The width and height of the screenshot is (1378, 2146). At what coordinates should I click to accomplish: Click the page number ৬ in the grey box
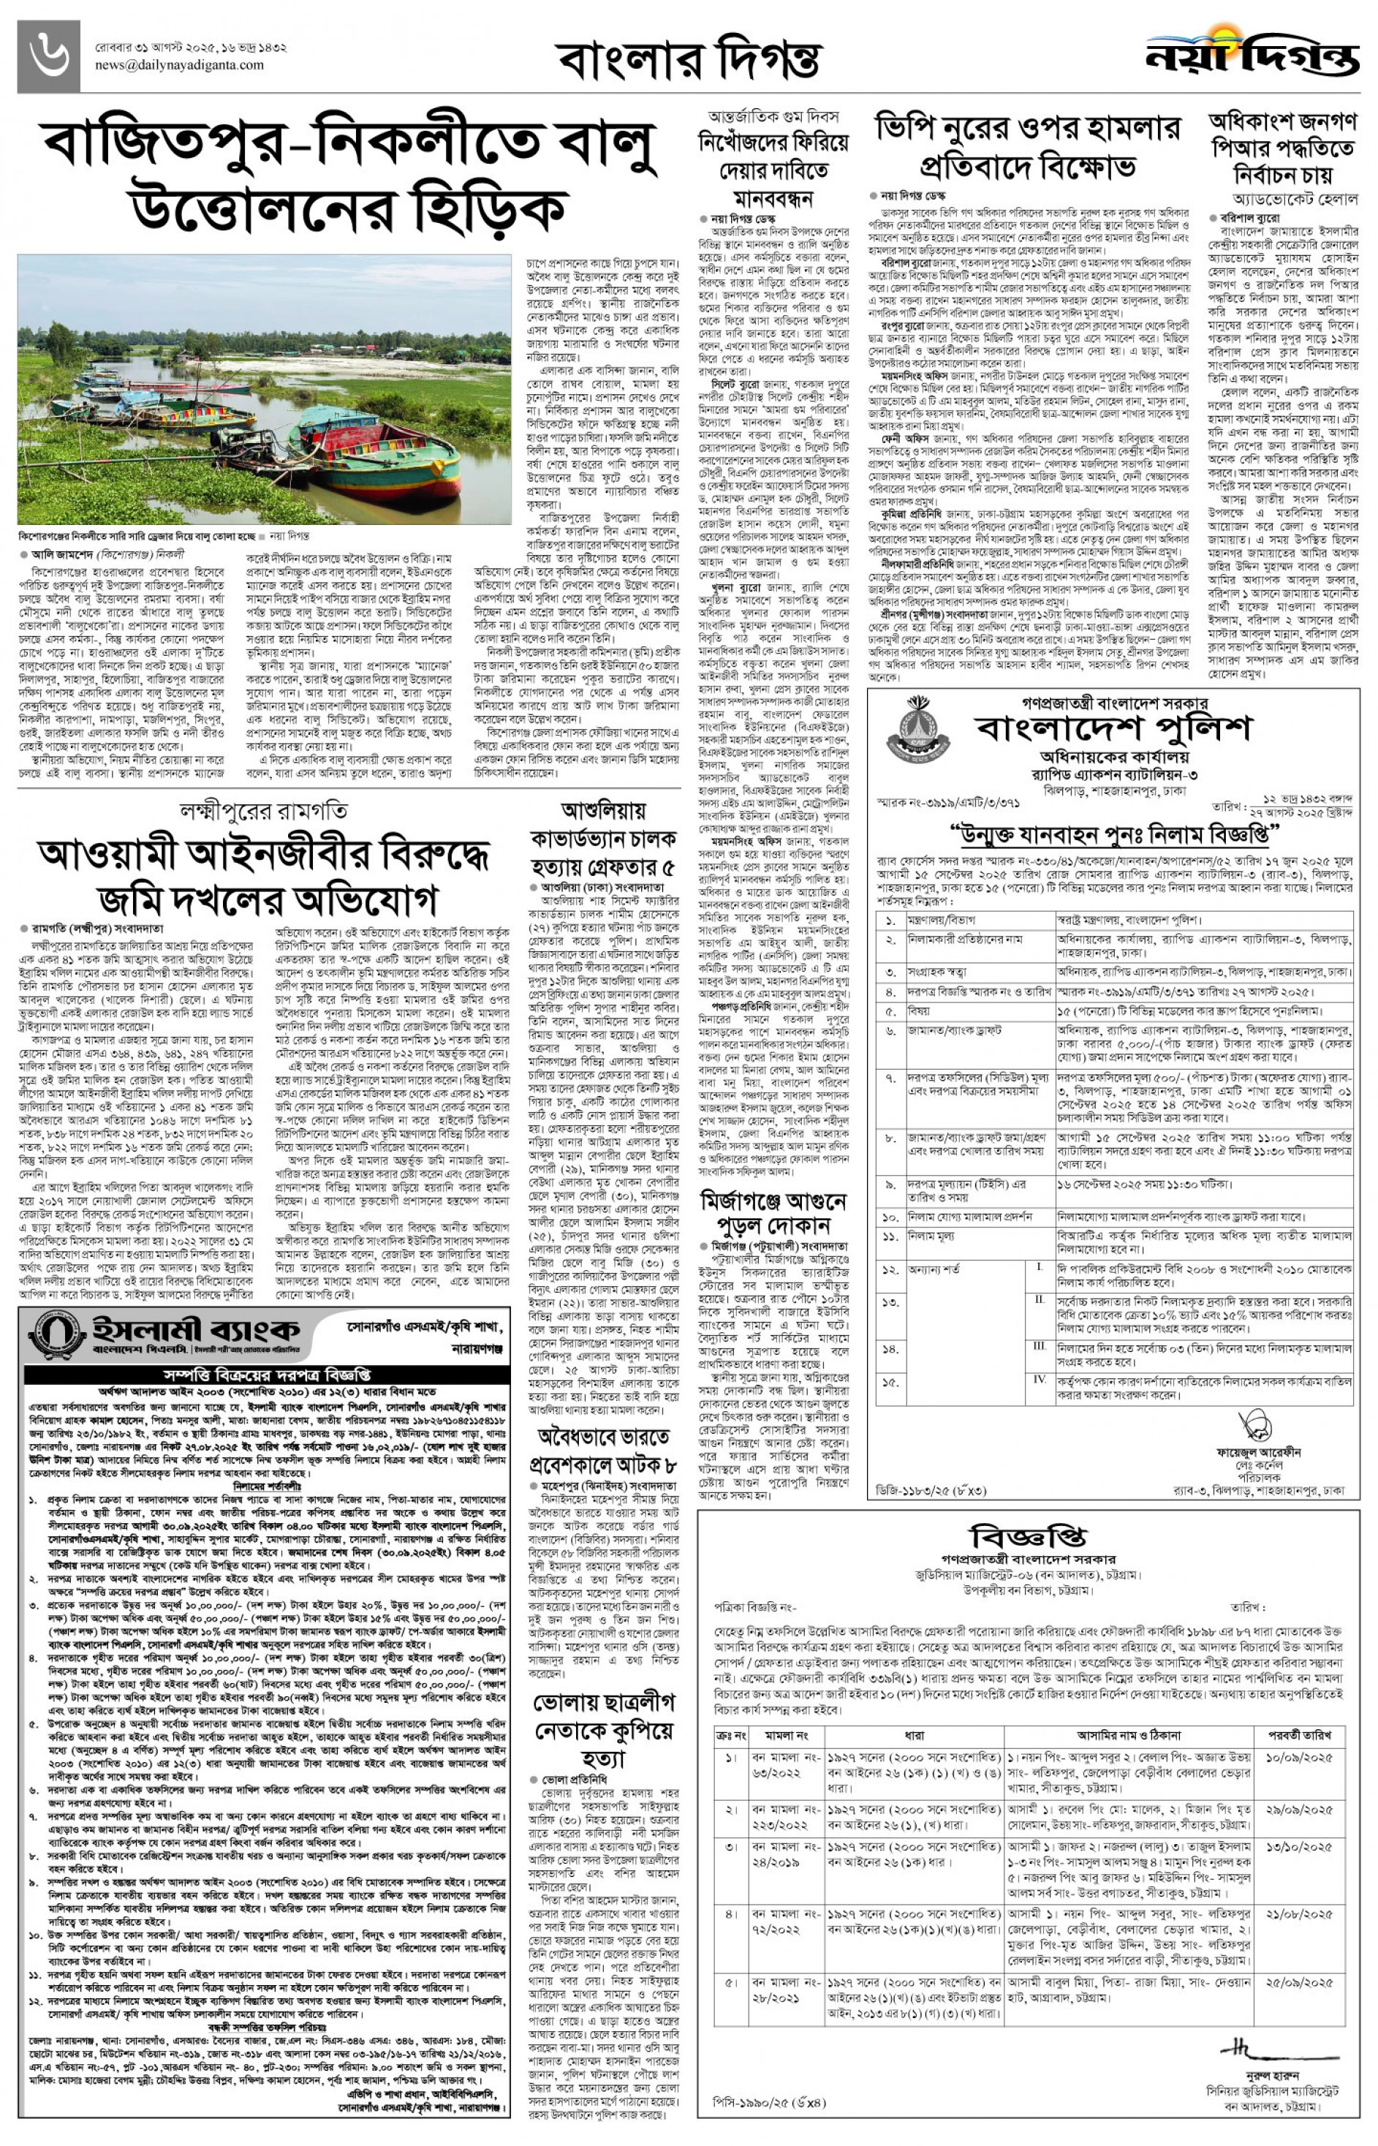tap(48, 56)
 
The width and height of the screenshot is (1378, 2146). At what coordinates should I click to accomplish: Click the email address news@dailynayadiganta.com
tap(179, 65)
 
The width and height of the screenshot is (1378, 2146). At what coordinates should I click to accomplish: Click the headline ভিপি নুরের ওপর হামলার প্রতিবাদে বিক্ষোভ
tap(1027, 147)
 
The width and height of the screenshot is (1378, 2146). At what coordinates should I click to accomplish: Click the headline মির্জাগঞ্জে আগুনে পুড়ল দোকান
tap(773, 1212)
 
